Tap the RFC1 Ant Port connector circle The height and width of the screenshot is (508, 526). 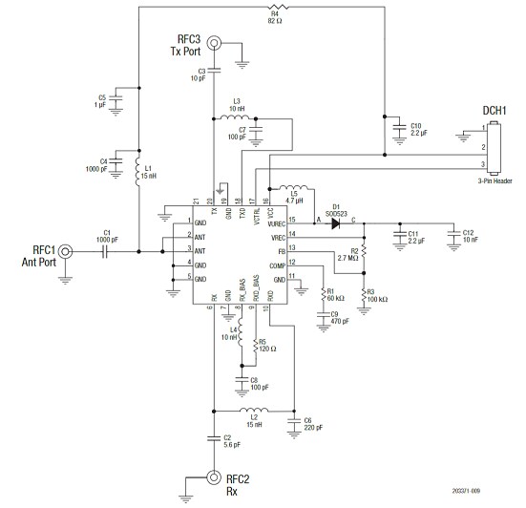pos(66,252)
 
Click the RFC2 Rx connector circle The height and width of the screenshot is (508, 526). pos(214,478)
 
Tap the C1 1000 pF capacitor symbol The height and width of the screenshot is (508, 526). pos(107,252)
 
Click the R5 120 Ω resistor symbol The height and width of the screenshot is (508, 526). pos(253,345)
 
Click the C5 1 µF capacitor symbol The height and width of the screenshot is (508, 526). pos(116,97)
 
